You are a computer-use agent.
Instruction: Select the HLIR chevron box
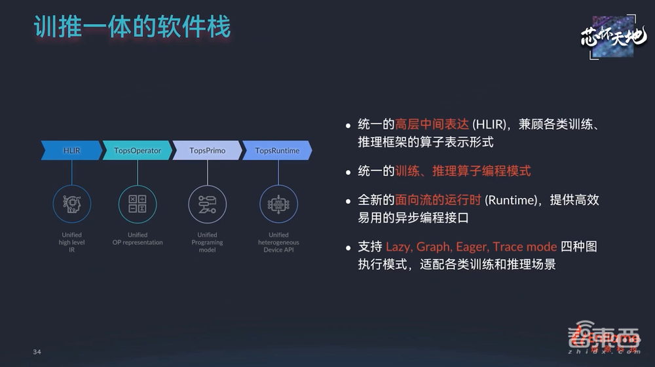(71, 150)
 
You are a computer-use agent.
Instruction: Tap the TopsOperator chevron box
(138, 150)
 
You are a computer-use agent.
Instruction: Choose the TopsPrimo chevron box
(207, 150)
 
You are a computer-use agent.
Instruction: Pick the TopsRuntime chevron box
(277, 150)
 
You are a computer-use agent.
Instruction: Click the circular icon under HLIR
(71, 204)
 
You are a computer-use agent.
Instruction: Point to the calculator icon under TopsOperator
(138, 204)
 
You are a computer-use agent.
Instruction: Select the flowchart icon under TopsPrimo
(208, 204)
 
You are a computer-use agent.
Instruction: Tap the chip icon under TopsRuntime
(278, 204)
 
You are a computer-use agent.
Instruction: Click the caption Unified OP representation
(138, 239)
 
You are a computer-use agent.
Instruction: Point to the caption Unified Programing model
(207, 242)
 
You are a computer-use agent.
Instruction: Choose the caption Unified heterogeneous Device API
(278, 242)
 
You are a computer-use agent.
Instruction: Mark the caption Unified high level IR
(71, 242)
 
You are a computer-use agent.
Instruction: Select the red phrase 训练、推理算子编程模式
(463, 171)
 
